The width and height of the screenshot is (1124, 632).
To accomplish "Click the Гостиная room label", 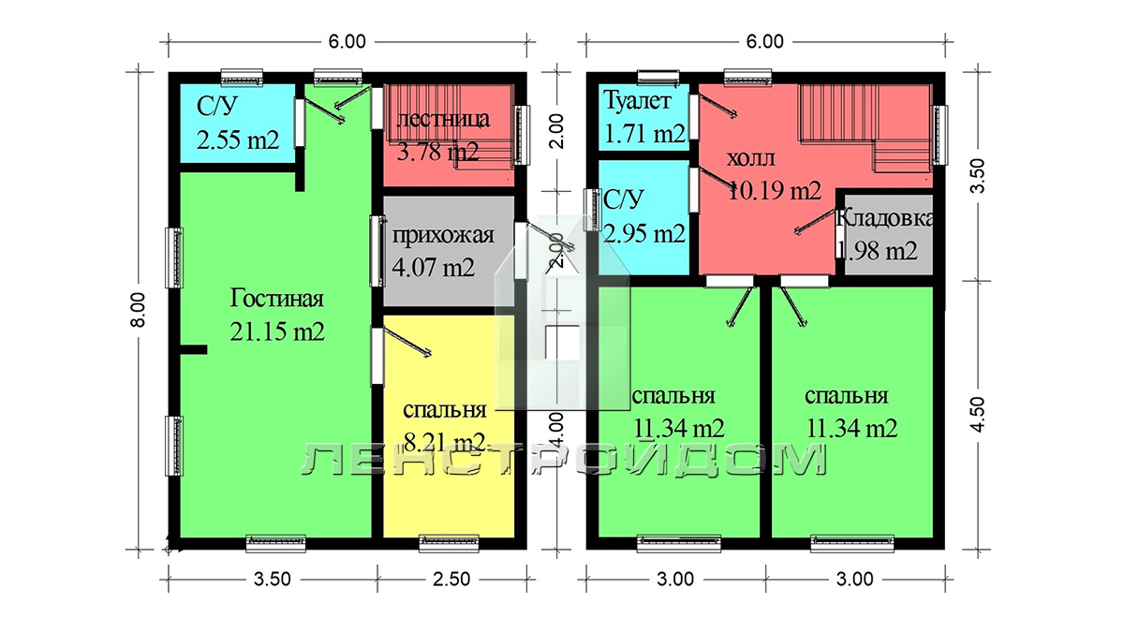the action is (277, 299).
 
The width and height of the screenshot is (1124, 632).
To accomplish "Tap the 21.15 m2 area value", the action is (277, 331).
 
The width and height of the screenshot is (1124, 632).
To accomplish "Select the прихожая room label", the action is (443, 236).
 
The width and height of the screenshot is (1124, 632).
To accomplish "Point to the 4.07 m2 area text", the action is (433, 267).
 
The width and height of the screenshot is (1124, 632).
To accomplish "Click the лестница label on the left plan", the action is (443, 120).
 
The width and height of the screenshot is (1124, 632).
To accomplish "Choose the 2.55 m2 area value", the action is (237, 140).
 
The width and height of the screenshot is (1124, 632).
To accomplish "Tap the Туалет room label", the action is (637, 101).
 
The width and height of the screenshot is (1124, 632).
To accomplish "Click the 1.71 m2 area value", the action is (644, 133).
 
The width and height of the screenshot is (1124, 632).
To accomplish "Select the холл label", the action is (750, 158).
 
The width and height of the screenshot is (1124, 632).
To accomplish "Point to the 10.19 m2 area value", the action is (774, 191).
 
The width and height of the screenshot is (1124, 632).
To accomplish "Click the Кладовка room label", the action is (884, 219).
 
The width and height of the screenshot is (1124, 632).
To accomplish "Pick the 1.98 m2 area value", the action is (877, 251).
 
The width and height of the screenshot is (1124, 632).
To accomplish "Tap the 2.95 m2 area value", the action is (644, 234).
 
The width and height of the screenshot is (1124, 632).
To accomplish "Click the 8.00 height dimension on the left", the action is (138, 310).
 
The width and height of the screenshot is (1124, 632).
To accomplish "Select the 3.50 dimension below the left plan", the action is (272, 580).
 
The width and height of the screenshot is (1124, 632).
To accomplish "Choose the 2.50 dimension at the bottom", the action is (451, 580).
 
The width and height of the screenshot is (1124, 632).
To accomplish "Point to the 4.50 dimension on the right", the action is (978, 414).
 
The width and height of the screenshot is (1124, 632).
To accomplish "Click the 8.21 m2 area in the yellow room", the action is (445, 442).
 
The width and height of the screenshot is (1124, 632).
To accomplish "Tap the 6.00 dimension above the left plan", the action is (348, 41).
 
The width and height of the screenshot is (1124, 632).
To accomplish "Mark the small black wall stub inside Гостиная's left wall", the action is (194, 349).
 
